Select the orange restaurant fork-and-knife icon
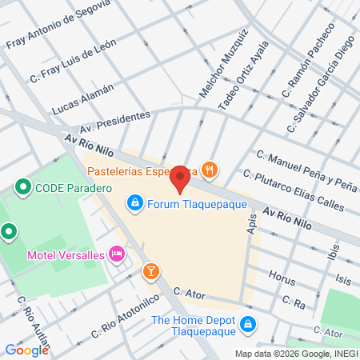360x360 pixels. (x=209, y=169)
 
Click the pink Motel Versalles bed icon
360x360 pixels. (x=117, y=254)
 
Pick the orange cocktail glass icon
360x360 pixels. (x=150, y=272)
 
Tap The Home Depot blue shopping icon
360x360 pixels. (x=249, y=324)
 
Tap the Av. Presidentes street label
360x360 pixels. (x=114, y=122)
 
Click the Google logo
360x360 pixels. (x=26, y=350)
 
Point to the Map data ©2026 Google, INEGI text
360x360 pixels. (x=295, y=354)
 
